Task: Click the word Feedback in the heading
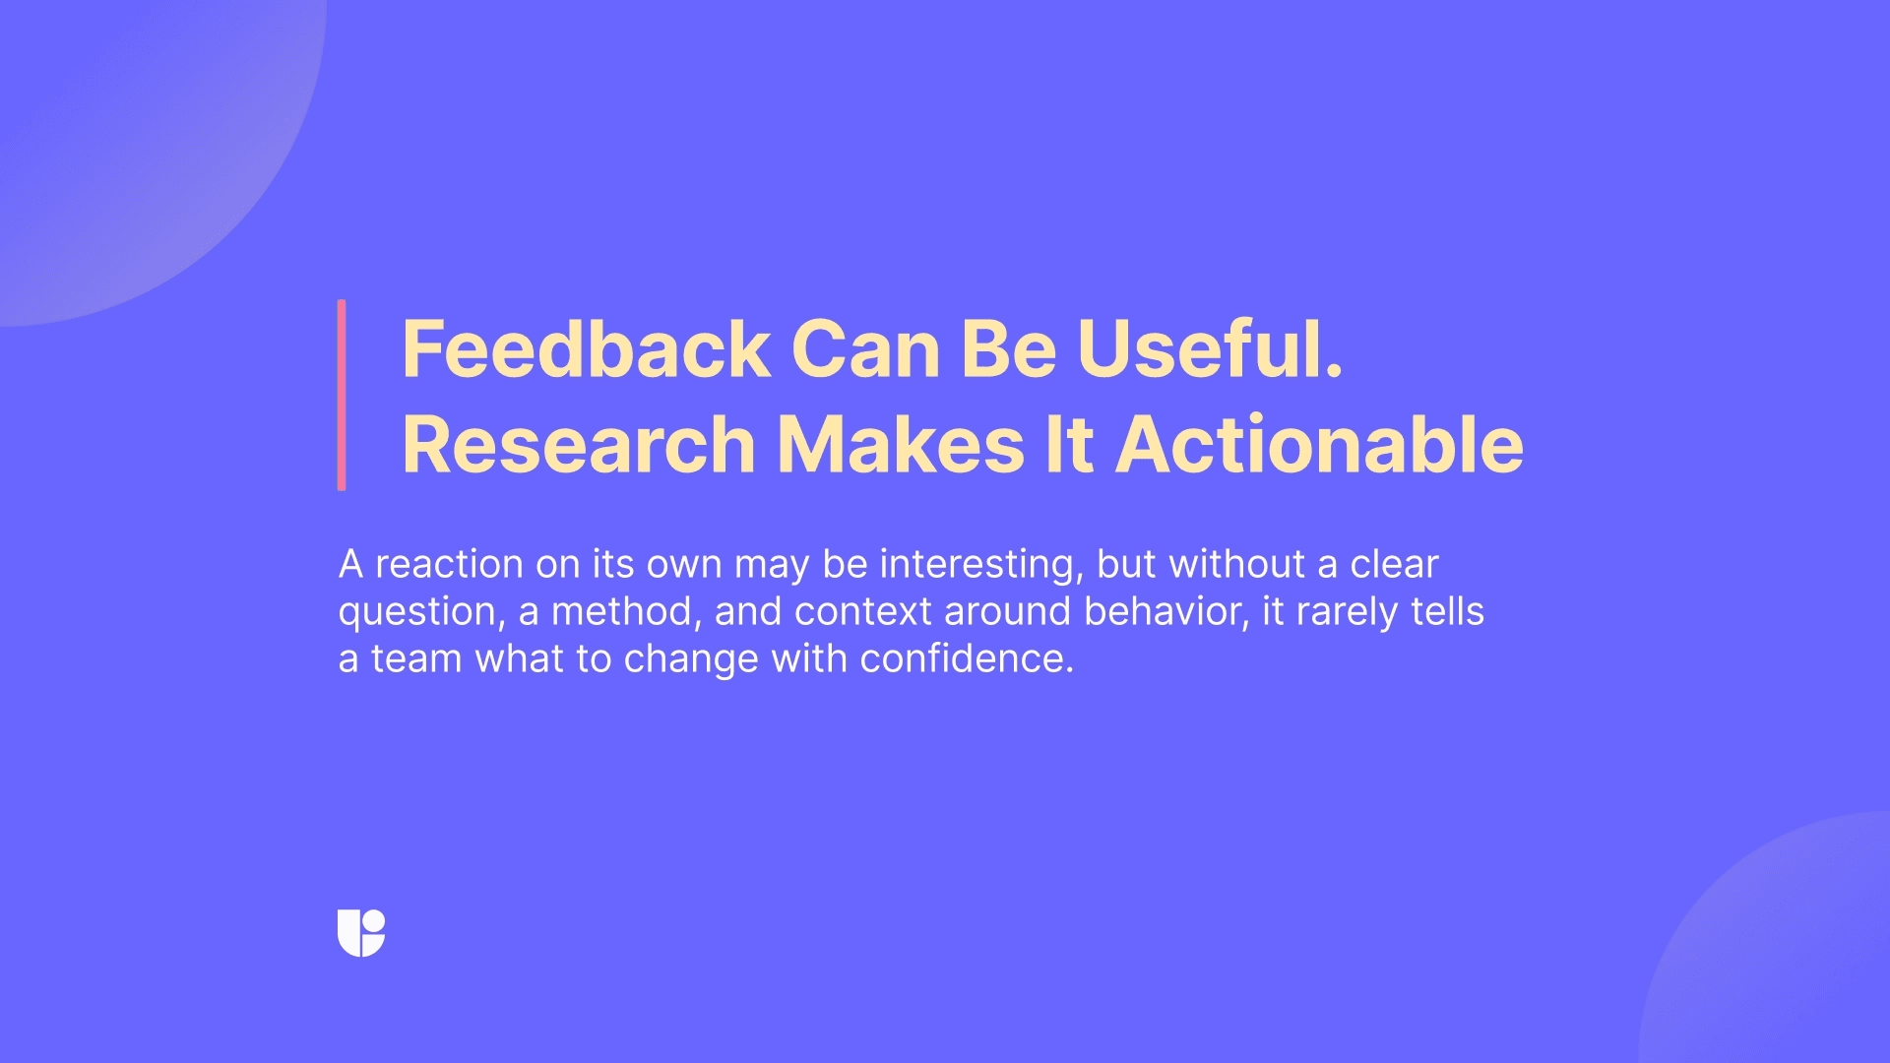click(586, 349)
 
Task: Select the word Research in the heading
click(579, 445)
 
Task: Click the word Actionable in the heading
click(1319, 445)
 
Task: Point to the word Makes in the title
click(901, 445)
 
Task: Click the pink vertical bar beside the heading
click(342, 395)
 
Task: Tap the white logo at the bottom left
click(361, 932)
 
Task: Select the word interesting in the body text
click(980, 565)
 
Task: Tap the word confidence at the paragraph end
click(966, 659)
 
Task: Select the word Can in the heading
click(865, 349)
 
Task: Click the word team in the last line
click(416, 659)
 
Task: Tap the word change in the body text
click(691, 659)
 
